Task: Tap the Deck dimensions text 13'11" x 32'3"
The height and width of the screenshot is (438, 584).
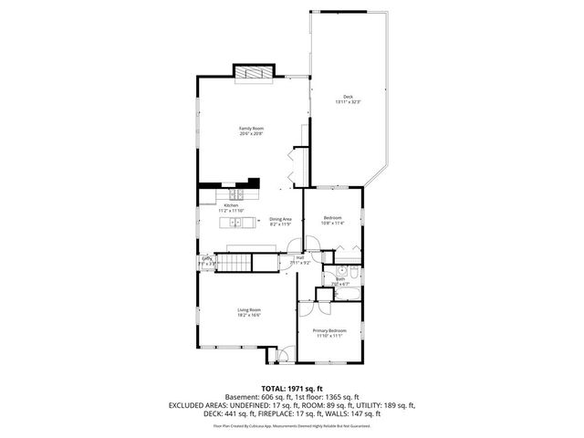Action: pos(348,102)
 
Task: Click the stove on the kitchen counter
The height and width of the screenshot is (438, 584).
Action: pos(236,193)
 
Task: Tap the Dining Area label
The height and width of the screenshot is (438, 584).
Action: pos(280,219)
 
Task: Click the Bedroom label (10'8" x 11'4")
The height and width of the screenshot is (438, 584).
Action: pos(333,217)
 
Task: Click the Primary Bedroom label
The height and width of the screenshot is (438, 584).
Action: pos(328,330)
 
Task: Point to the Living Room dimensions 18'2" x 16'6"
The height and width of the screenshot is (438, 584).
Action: pos(250,316)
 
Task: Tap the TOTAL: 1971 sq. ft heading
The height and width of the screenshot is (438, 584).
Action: pos(291,388)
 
